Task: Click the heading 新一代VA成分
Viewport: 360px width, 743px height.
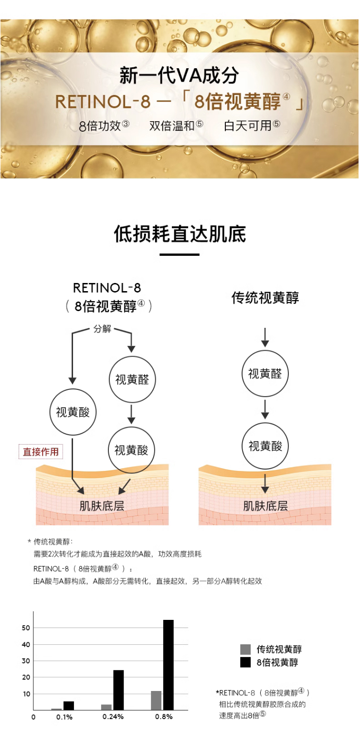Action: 179,75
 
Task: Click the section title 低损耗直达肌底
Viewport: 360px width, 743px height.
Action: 180,234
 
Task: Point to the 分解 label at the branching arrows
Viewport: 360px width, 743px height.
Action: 102,329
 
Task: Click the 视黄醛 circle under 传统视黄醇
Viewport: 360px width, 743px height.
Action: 265,374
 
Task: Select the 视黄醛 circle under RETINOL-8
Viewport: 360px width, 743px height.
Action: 132,379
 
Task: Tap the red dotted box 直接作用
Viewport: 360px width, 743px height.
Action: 41,451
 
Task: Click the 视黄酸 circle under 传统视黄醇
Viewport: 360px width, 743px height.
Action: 265,446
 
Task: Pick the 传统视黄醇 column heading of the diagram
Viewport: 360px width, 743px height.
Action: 265,298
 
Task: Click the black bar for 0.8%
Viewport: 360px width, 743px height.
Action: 168,665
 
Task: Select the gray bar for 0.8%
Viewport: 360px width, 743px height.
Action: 156,700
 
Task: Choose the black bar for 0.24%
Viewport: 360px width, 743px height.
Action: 118,690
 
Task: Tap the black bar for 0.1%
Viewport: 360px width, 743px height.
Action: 69,705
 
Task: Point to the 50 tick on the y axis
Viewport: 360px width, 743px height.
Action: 26,628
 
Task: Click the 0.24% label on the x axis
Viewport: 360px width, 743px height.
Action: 113,717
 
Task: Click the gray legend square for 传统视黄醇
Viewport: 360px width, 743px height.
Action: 245,649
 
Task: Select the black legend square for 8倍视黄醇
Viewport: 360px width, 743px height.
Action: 245,662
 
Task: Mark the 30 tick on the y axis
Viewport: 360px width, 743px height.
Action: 26,661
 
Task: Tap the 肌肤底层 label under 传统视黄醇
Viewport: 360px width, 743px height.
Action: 265,506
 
